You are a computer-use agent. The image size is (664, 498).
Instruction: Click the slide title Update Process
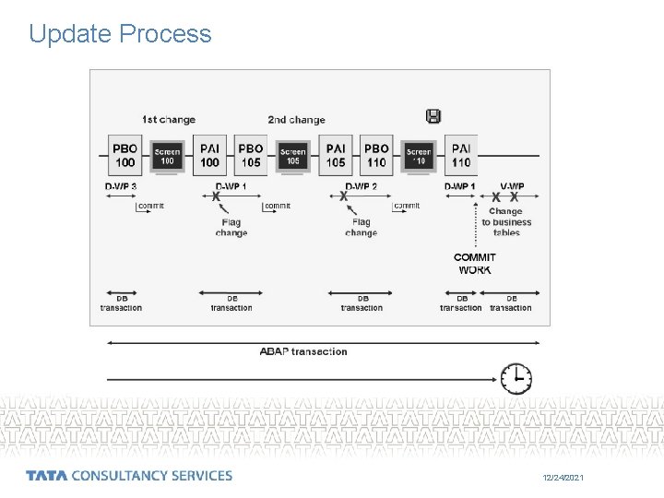(120, 34)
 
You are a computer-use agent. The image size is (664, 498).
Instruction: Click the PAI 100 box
(210, 155)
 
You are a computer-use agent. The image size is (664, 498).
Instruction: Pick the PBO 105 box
(251, 155)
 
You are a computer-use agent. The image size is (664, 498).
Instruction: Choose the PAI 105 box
(336, 155)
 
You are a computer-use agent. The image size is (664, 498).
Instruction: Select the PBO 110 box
(376, 155)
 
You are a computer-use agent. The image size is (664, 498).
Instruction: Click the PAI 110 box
(461, 155)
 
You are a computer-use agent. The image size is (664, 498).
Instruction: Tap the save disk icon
(433, 116)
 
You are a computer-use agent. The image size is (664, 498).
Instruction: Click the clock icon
(516, 377)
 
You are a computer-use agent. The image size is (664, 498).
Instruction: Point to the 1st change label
(169, 120)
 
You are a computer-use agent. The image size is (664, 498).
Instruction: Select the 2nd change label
(296, 120)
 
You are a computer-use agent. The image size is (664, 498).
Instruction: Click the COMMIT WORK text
(475, 264)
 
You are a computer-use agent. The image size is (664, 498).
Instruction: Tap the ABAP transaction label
(303, 351)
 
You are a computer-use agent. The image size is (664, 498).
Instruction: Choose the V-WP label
(512, 187)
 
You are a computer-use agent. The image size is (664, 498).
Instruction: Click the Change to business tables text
(505, 222)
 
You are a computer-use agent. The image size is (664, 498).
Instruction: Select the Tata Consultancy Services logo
(129, 476)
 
